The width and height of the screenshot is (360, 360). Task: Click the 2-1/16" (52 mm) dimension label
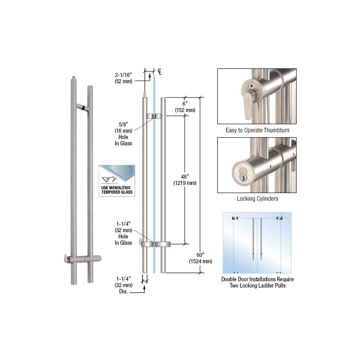(x=123, y=78)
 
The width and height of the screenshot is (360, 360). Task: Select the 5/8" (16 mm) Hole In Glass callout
(x=123, y=134)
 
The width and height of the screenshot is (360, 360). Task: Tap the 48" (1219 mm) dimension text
(x=185, y=180)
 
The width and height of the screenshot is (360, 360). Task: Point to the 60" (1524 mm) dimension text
(x=200, y=258)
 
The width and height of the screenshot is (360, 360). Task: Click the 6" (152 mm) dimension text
(x=185, y=107)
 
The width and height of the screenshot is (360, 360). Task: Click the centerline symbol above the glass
(x=160, y=72)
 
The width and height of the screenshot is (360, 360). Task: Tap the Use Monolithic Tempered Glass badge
(x=117, y=181)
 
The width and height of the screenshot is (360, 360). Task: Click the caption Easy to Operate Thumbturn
(x=257, y=130)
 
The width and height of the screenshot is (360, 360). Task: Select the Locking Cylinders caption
(x=257, y=198)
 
